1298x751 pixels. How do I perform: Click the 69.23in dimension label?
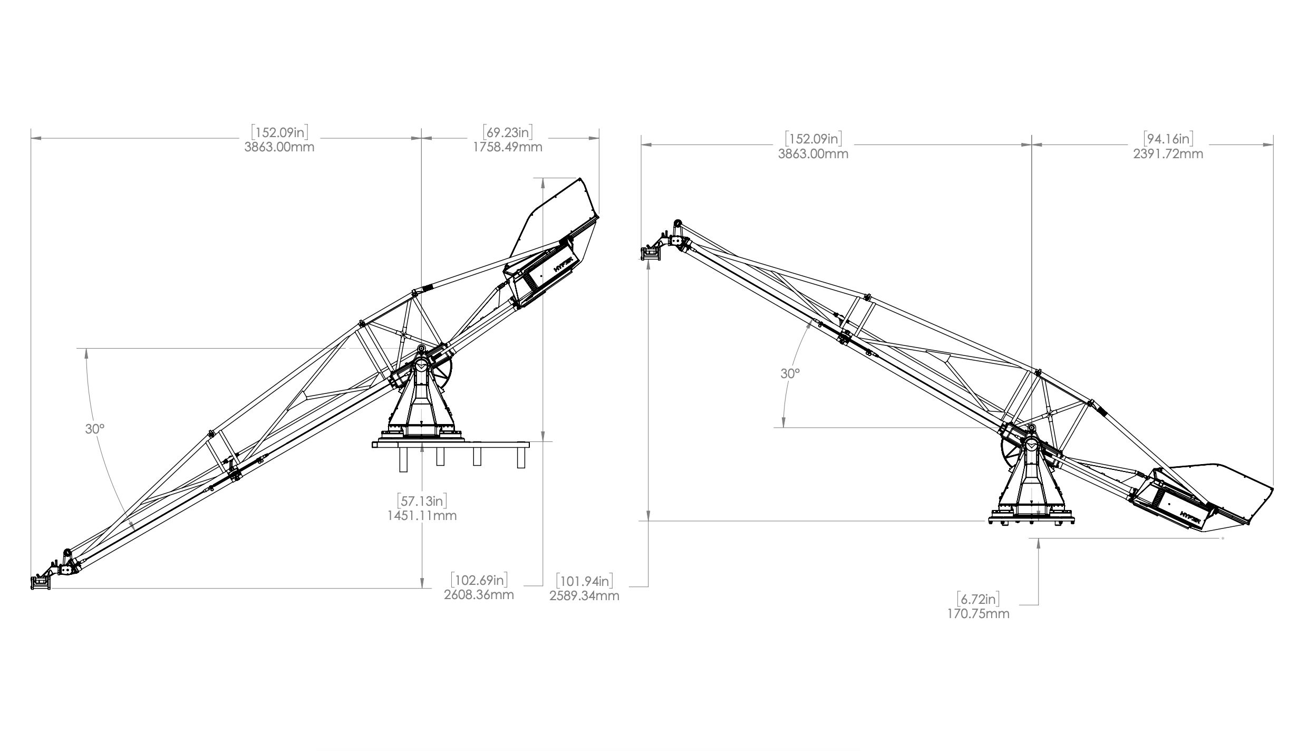click(x=508, y=132)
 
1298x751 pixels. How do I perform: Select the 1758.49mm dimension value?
click(x=508, y=147)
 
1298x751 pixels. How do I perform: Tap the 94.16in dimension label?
click(x=1168, y=139)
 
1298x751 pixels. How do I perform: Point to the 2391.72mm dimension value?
click(x=1168, y=154)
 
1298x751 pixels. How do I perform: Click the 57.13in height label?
click(x=422, y=500)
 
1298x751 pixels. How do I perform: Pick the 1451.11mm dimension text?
click(x=422, y=515)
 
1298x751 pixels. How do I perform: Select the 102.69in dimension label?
click(x=479, y=580)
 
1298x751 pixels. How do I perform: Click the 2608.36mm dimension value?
click(x=479, y=595)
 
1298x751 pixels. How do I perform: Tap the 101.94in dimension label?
click(x=584, y=581)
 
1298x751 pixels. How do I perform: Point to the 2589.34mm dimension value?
click(x=584, y=596)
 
